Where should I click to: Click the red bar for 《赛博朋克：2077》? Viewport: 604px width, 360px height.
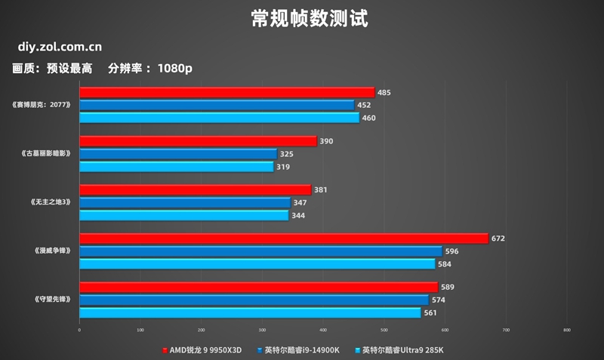[x=227, y=92]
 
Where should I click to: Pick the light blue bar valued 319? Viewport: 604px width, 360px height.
[x=176, y=167]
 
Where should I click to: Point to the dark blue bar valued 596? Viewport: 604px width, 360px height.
[x=260, y=251]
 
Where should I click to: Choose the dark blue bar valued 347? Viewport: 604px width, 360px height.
[x=185, y=203]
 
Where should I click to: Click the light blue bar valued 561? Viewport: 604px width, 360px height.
[x=250, y=312]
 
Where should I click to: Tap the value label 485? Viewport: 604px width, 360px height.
[x=384, y=93]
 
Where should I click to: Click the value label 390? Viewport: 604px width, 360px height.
[x=326, y=141]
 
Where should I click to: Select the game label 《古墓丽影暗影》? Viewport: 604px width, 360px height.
[x=46, y=154]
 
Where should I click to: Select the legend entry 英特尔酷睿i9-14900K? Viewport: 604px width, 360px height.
[x=301, y=350]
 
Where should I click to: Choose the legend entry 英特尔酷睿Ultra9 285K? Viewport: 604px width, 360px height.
[x=401, y=350]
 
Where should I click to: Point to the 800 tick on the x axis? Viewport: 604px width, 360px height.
[x=567, y=330]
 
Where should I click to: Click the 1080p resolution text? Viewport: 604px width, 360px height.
[x=175, y=69]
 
